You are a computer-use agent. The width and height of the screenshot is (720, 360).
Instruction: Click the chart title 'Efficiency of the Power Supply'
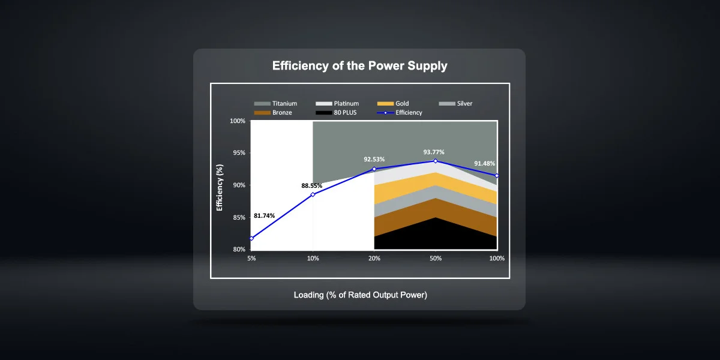click(359, 66)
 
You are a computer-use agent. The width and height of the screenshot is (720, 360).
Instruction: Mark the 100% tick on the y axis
click(238, 121)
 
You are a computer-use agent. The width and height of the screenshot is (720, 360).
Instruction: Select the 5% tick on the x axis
click(251, 259)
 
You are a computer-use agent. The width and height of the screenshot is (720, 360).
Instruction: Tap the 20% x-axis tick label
click(374, 259)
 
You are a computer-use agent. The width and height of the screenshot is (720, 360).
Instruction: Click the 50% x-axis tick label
click(436, 259)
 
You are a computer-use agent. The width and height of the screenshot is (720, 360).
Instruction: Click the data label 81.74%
click(265, 215)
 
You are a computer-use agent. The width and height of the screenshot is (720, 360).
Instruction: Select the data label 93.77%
click(434, 152)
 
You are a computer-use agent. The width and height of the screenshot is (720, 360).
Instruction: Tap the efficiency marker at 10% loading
click(313, 194)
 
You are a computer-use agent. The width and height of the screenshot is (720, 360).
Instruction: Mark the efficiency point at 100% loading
click(497, 176)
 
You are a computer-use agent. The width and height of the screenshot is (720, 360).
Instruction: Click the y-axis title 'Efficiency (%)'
click(220, 185)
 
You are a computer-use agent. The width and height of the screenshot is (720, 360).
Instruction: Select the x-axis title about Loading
click(360, 295)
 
